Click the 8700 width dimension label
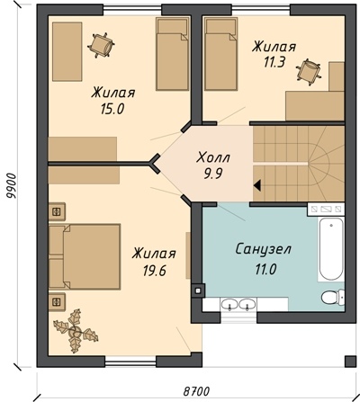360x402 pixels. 196,391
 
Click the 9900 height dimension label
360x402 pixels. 12,186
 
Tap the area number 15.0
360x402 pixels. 112,109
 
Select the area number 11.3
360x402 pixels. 274,62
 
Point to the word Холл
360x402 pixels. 213,157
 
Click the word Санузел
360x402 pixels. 264,249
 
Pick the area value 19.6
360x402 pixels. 154,271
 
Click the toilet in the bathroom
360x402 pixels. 333,298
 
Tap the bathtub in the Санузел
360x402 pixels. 331,249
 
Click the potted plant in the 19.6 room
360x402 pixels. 75,331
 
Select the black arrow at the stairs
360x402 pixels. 257,185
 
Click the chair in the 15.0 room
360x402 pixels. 101,46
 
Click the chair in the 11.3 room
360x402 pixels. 309,71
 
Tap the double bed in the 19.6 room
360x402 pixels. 85,256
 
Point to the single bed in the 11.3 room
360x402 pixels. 221,53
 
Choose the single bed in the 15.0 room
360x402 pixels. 173,53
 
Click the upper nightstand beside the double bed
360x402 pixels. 57,211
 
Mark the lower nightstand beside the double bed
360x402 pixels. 57,302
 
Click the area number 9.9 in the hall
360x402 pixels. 213,174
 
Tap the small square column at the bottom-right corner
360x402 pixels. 350,362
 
